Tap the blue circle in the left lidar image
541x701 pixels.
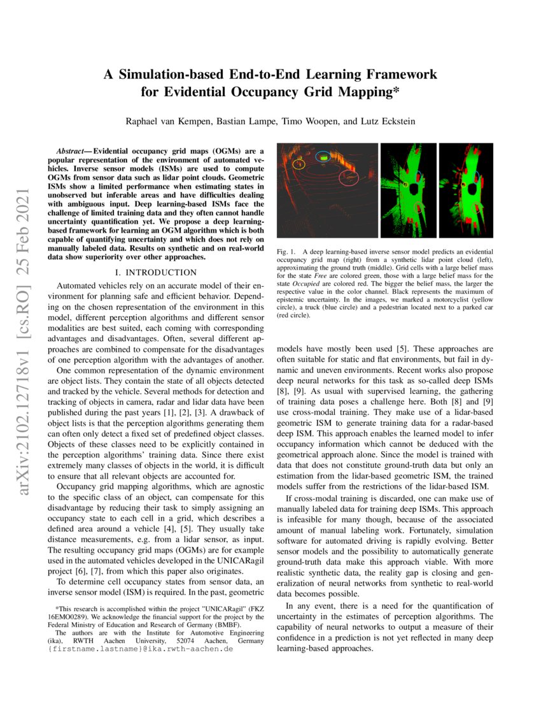pyautogui.click(x=323, y=156)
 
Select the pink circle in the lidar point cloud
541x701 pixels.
pyautogui.click(x=349, y=177)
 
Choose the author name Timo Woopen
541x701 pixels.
pyautogui.click(x=307, y=121)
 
